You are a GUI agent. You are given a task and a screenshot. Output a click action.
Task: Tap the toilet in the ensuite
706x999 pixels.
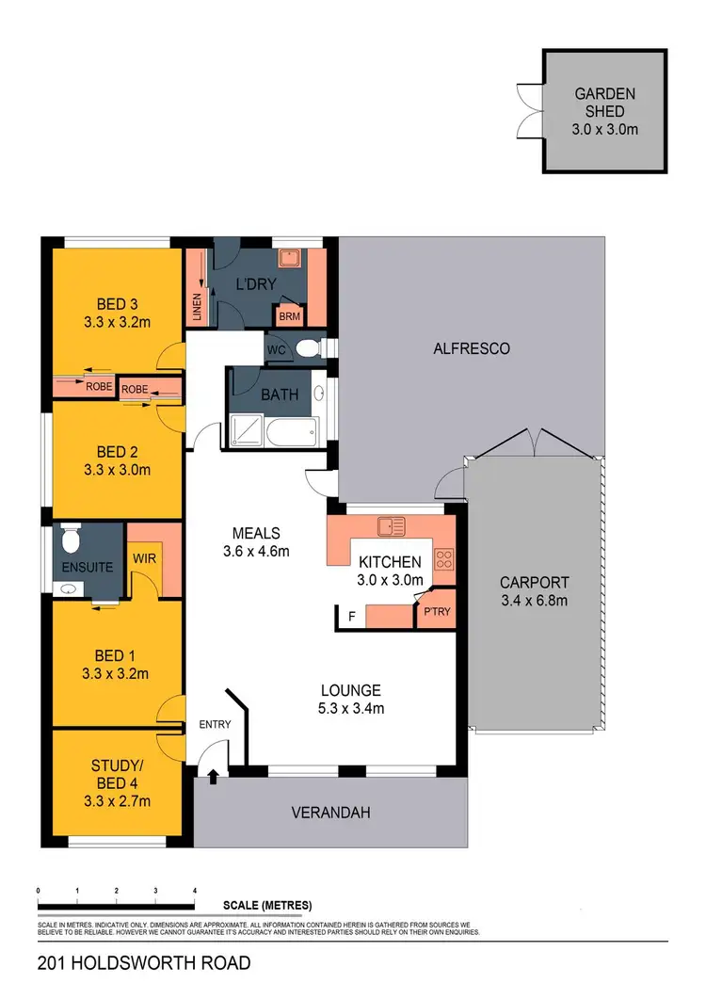(69, 540)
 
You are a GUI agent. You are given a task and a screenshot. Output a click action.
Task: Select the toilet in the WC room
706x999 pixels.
(306, 349)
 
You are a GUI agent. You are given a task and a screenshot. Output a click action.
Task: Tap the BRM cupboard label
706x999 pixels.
(290, 316)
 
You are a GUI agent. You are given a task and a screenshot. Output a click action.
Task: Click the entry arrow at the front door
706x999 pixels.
(214, 776)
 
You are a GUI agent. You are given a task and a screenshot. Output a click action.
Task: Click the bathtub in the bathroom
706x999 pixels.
(291, 435)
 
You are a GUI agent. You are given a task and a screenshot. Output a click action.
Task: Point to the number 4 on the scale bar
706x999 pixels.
(194, 890)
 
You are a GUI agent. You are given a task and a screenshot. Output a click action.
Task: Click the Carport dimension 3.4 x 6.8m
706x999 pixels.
(534, 600)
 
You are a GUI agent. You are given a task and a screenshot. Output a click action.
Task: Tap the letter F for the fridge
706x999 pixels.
(352, 618)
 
